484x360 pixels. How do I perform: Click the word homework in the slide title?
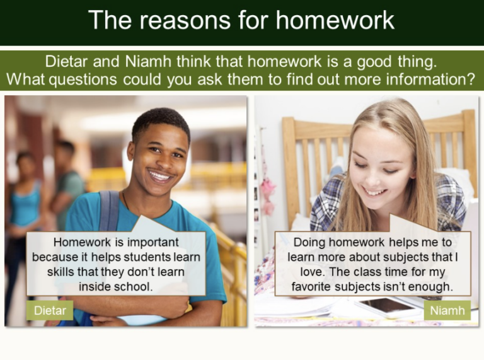coord(335,20)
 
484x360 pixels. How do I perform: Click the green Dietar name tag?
coord(50,310)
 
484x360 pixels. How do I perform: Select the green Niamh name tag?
coord(447,310)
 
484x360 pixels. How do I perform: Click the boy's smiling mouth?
coord(160,175)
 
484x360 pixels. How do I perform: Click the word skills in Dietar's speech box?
coord(64,272)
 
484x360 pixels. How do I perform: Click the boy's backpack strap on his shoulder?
coord(109,208)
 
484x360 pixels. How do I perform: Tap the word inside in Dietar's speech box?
coord(94,287)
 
